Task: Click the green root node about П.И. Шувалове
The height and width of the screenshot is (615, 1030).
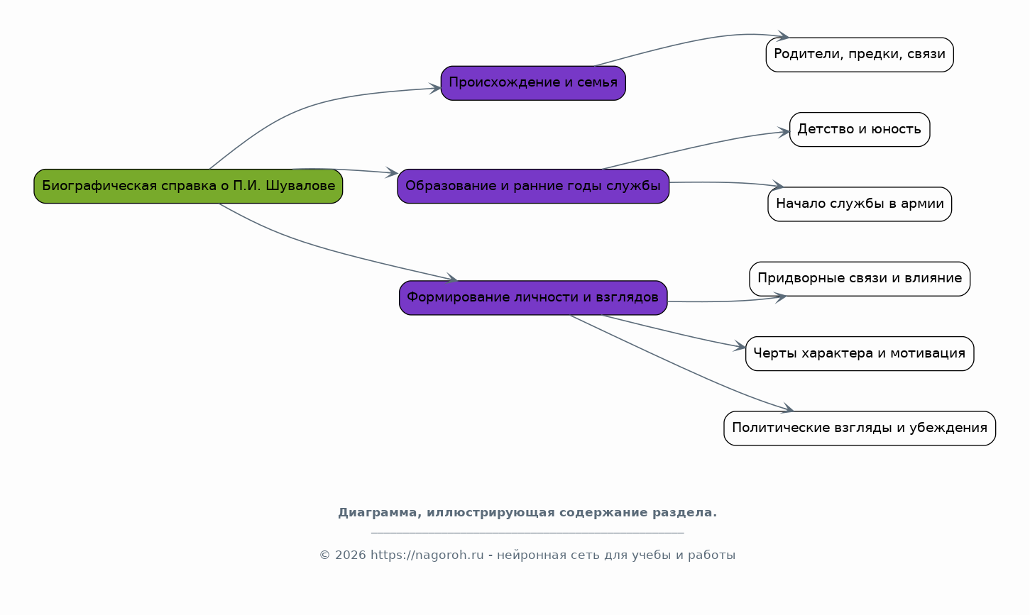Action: (x=188, y=186)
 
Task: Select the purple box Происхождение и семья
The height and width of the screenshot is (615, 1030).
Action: (x=533, y=83)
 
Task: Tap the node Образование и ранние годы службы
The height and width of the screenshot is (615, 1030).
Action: (x=533, y=186)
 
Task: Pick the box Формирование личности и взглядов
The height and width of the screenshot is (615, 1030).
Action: (x=533, y=298)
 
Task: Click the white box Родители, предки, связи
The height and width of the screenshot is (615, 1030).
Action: (x=860, y=55)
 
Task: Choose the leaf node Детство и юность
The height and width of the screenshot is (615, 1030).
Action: (x=860, y=130)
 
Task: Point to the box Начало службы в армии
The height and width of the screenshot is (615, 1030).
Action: (x=860, y=204)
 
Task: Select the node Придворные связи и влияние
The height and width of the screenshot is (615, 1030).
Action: (x=860, y=279)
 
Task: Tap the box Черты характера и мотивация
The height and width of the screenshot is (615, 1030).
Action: (x=860, y=353)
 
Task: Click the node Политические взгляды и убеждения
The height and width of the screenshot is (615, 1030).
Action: (x=860, y=428)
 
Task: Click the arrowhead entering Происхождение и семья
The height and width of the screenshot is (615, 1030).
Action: (x=435, y=89)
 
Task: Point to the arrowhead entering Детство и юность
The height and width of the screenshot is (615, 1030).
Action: (x=784, y=133)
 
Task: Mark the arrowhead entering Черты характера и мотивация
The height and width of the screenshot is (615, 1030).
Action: (x=740, y=346)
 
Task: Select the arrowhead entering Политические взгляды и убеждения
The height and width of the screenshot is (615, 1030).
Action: (x=787, y=408)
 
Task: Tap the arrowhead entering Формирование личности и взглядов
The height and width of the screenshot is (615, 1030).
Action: (x=451, y=277)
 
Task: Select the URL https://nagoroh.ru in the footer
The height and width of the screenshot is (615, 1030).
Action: (x=427, y=555)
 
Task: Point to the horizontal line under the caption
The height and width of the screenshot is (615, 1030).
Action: (x=527, y=533)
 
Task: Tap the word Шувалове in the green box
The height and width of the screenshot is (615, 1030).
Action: (x=300, y=186)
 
